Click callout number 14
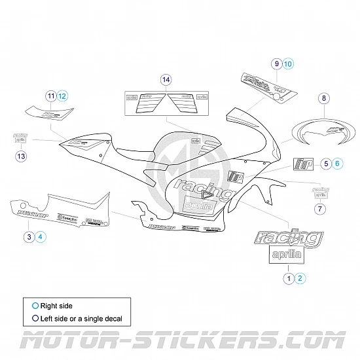coord(166,79)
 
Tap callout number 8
coord(323,98)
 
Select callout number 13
coord(22,156)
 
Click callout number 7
coord(319,209)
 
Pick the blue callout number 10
coord(289,63)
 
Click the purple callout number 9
coord(278,63)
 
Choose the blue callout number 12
coord(62,96)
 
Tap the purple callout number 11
coord(51,96)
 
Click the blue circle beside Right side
coord(35,305)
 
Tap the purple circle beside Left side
coord(35,319)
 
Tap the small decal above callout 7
coord(321,190)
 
